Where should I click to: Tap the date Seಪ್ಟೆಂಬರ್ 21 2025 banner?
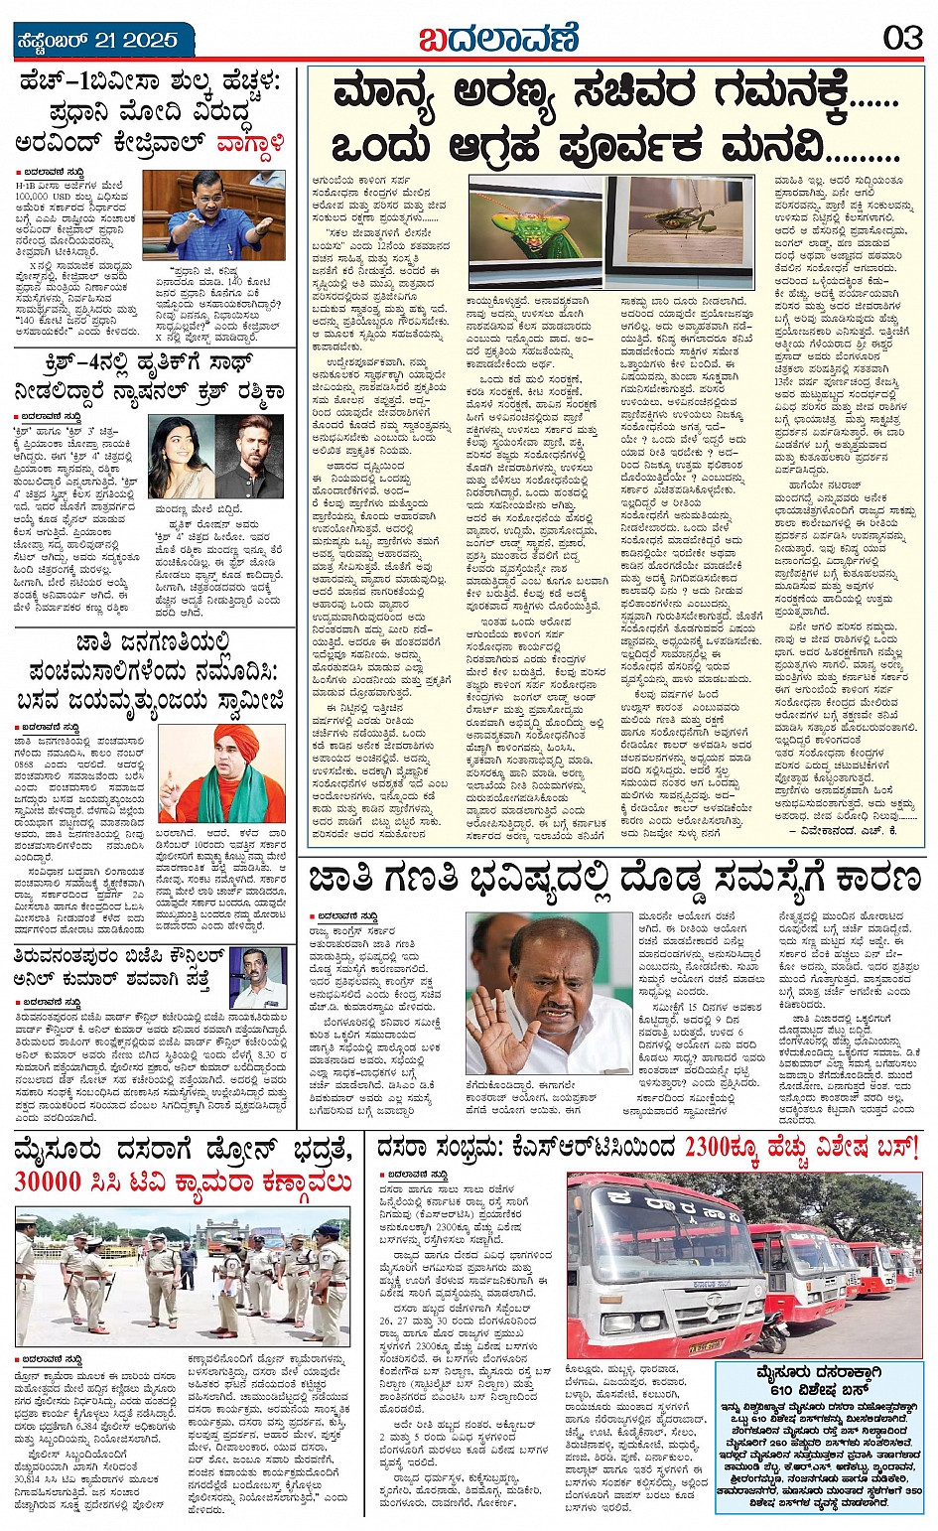[97, 41]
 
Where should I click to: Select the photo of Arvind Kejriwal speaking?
[213, 214]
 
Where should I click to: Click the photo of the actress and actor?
[216, 456]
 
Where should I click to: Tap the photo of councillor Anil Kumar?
[258, 978]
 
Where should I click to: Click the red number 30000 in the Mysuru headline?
[48, 1182]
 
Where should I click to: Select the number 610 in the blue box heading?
[775, 1390]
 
